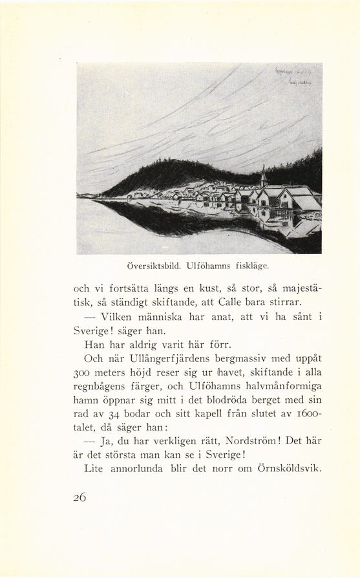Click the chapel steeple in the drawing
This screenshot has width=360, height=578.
point(264,176)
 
